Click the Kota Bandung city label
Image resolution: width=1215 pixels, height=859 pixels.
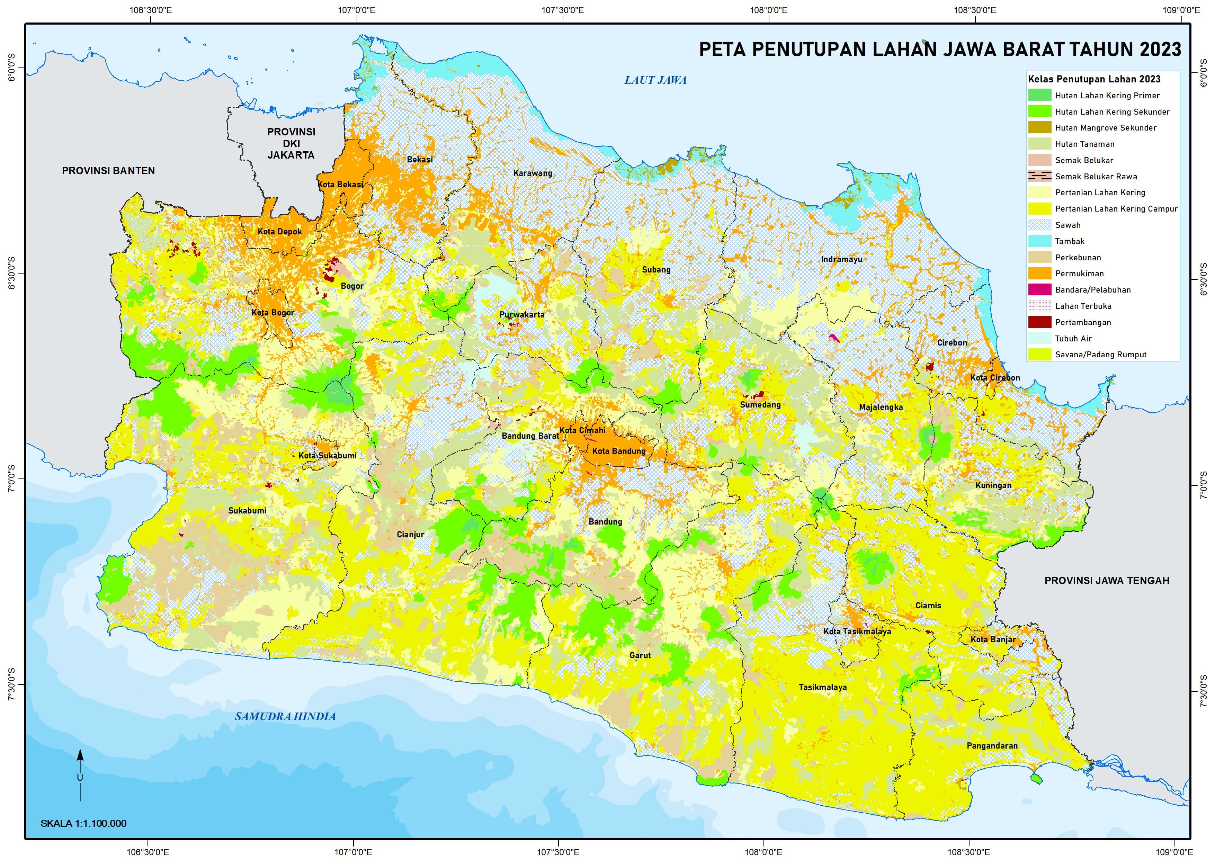click(x=619, y=451)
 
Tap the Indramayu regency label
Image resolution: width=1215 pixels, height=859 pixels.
click(x=841, y=259)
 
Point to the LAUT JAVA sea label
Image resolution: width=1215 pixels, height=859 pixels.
click(x=655, y=80)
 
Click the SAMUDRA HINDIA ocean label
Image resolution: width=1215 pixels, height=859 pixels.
click(x=285, y=717)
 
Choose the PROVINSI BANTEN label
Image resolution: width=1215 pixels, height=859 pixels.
click(x=108, y=170)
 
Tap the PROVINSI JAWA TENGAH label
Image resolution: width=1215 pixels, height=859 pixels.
click(x=1107, y=581)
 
